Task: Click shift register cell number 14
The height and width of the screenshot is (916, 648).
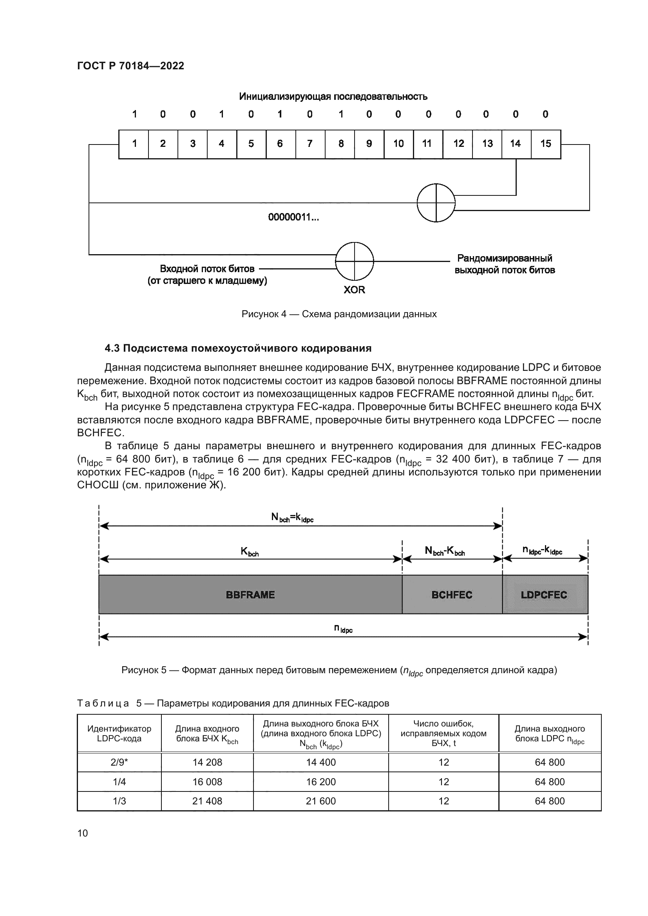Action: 516,144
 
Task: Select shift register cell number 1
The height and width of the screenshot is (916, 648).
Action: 134,144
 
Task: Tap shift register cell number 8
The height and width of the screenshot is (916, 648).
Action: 340,144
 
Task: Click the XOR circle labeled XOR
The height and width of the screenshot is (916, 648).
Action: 354,261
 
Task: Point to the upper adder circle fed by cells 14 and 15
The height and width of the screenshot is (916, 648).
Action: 436,203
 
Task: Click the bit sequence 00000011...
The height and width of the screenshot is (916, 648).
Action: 293,217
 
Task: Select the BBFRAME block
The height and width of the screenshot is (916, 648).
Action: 250,595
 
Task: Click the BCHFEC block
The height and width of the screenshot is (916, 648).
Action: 452,595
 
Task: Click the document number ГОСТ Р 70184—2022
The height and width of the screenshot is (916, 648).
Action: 130,66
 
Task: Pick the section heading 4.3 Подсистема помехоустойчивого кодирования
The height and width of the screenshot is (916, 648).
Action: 238,348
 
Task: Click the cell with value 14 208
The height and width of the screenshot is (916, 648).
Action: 207,762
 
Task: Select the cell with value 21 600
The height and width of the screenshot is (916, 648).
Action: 320,801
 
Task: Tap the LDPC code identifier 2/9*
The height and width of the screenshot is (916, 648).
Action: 119,762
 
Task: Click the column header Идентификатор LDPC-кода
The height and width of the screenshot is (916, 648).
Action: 119,733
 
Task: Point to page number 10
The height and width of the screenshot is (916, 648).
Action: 83,833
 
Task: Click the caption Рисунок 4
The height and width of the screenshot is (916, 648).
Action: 339,314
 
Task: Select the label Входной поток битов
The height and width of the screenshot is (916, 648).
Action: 207,269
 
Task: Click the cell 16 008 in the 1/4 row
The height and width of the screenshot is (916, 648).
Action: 207,782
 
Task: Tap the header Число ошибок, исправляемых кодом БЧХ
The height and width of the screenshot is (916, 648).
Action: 443,733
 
